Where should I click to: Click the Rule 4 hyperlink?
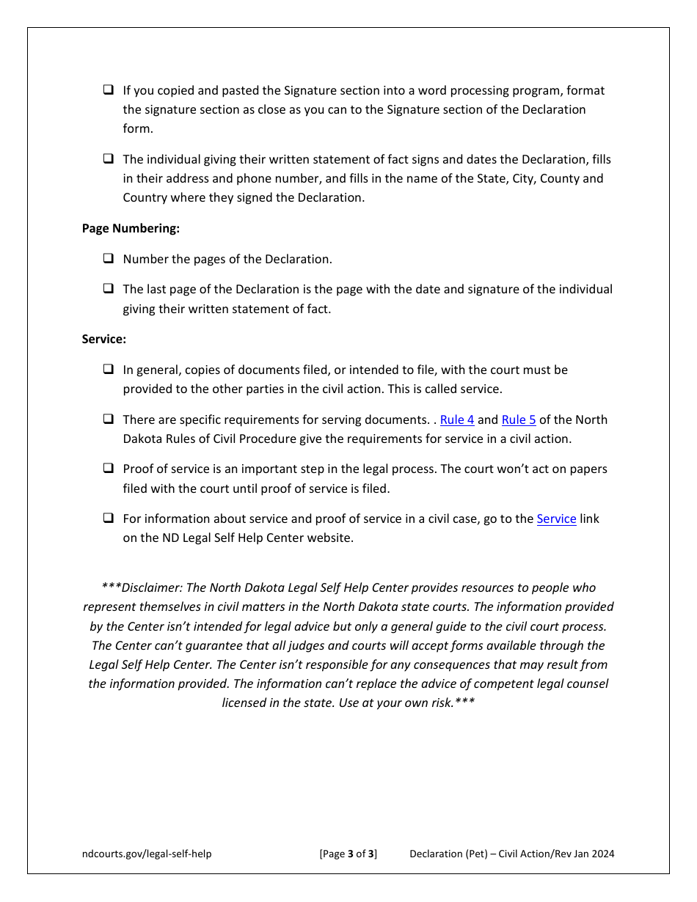pyautogui.click(x=457, y=420)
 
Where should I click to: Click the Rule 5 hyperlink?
pyautogui.click(x=519, y=420)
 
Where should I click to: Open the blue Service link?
pyautogui.click(x=556, y=519)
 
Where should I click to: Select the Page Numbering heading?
pyautogui.click(x=131, y=229)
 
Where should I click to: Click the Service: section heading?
pyautogui.click(x=104, y=340)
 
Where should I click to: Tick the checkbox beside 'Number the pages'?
pyautogui.click(x=109, y=259)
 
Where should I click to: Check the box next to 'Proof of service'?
pyautogui.click(x=109, y=469)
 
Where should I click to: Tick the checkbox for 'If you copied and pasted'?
pyautogui.click(x=109, y=90)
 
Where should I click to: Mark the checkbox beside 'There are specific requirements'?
pyautogui.click(x=109, y=419)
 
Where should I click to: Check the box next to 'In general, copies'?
pyautogui.click(x=109, y=370)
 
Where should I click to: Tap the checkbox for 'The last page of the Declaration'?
pyautogui.click(x=109, y=289)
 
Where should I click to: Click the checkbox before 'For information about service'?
pyautogui.click(x=109, y=518)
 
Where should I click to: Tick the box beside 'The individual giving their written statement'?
pyautogui.click(x=109, y=159)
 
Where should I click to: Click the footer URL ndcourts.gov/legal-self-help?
pyautogui.click(x=147, y=854)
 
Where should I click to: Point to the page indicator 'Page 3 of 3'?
pyautogui.click(x=348, y=854)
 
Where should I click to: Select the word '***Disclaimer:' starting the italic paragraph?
pyautogui.click(x=142, y=588)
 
